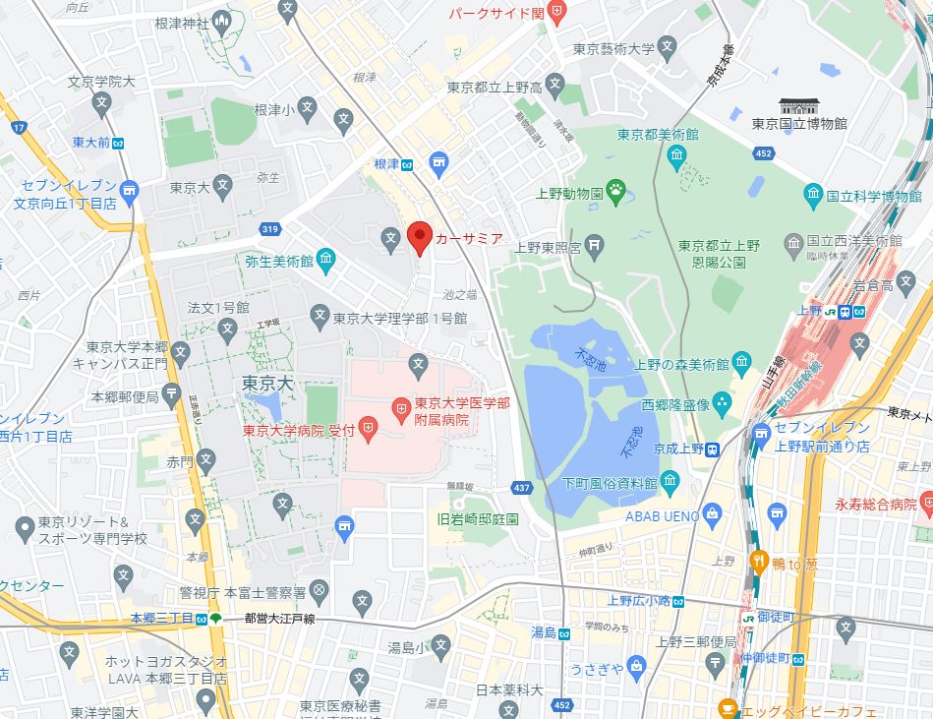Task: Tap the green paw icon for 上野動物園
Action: [x=616, y=192]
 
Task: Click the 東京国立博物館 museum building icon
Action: [x=797, y=106]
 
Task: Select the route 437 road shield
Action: [x=522, y=487]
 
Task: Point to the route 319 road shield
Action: [x=270, y=230]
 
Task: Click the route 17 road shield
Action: [x=19, y=128]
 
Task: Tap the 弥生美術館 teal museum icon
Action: [x=326, y=261]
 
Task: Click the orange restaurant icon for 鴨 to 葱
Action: [x=759, y=562]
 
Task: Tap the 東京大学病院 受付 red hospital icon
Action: [x=368, y=427]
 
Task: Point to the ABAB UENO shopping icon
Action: [x=713, y=513]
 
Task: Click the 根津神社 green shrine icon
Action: [x=223, y=22]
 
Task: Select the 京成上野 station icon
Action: [x=712, y=449]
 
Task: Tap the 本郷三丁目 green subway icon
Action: [x=215, y=619]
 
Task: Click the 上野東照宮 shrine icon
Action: [x=594, y=245]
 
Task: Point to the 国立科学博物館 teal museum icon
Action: [x=812, y=193]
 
